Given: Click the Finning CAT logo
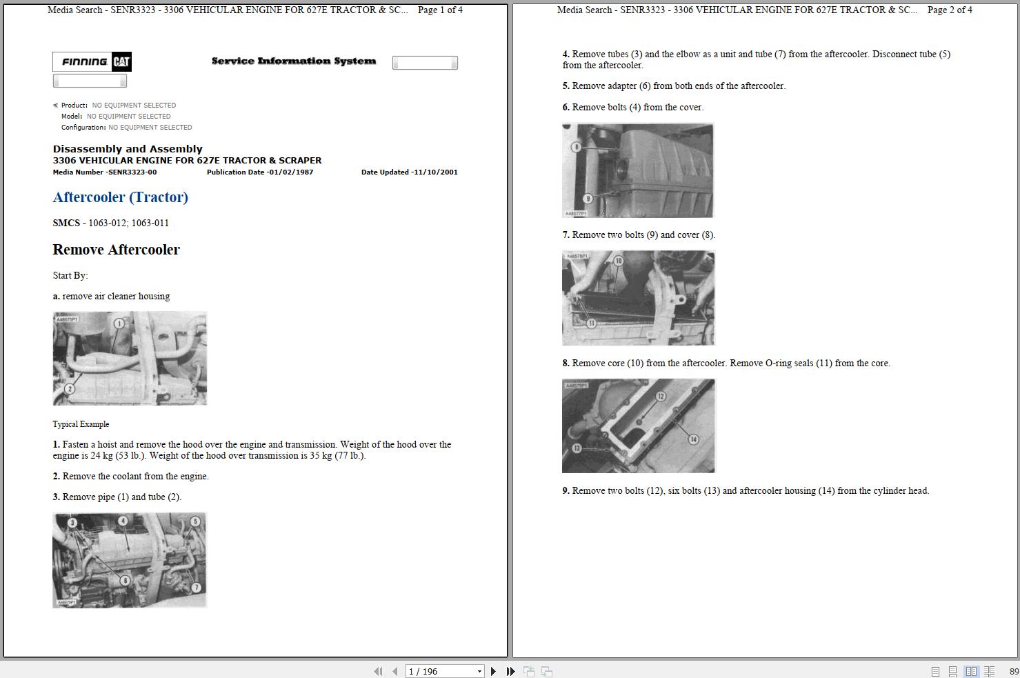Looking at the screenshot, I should (92, 62).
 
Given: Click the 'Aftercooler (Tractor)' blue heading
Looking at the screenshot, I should (120, 197).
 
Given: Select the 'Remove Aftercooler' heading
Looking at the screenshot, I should (116, 250).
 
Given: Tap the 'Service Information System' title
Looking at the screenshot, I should (294, 61).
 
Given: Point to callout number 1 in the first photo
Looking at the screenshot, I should (119, 323).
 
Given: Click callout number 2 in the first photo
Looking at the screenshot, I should (69, 389).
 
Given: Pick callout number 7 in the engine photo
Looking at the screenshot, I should (196, 588).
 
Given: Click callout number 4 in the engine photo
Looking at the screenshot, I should (123, 521).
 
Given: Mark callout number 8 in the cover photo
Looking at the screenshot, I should (576, 148).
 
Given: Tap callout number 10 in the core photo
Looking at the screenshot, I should (618, 261).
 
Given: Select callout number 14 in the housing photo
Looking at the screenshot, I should (693, 439).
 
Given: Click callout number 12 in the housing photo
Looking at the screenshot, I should (661, 396).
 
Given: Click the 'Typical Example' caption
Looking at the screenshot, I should (81, 424).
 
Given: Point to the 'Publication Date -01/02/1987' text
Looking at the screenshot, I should (260, 172).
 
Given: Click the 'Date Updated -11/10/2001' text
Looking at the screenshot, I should (409, 172).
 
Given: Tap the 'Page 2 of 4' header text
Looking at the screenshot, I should (950, 10).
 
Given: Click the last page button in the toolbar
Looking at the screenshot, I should (510, 671).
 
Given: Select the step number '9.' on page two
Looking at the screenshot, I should (566, 491).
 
